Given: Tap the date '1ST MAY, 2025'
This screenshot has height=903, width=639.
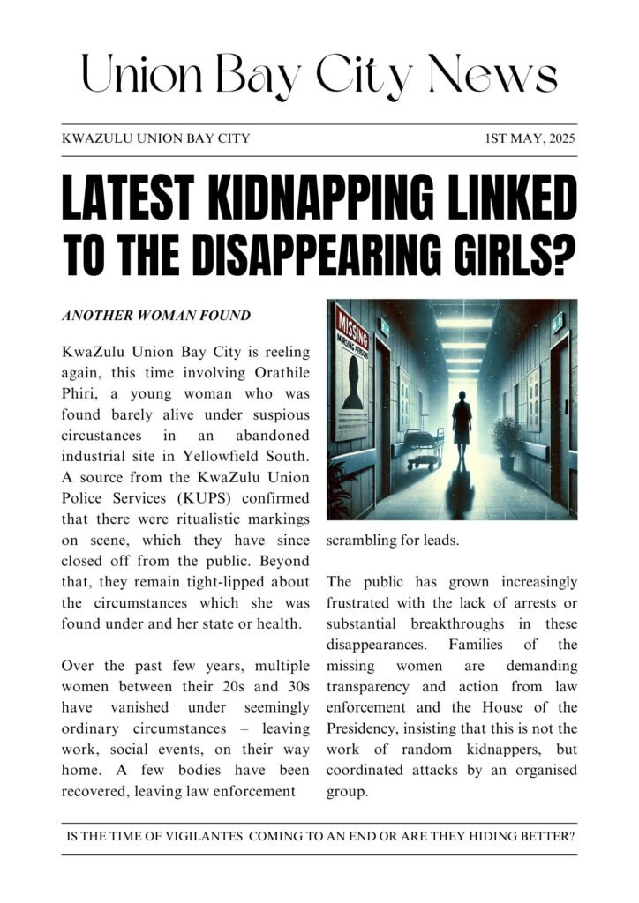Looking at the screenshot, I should point(530,138).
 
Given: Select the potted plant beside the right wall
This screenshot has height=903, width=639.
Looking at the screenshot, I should point(507,441).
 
